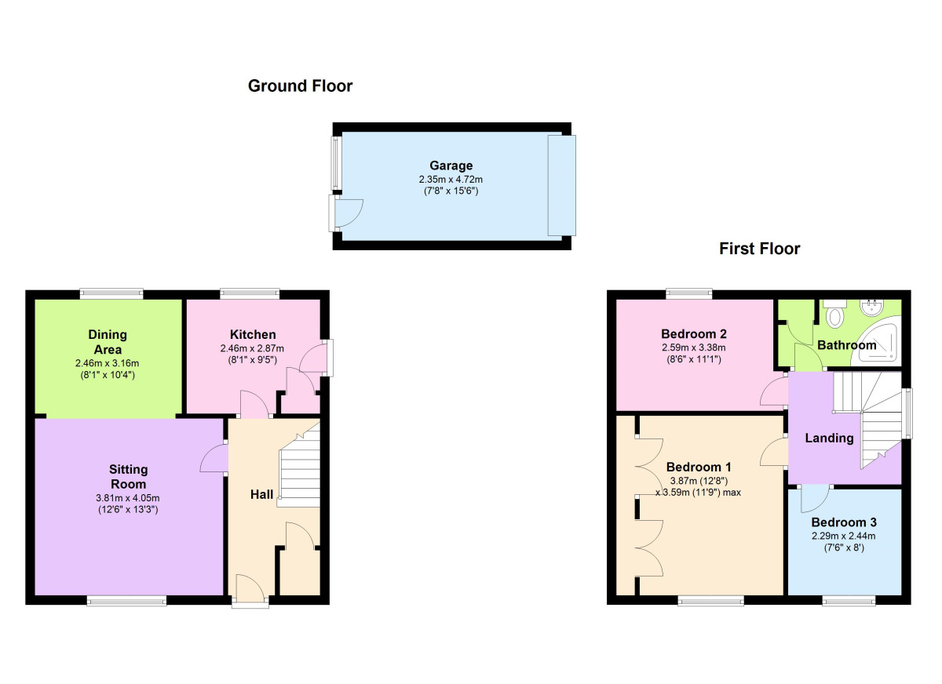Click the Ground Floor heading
click(x=300, y=86)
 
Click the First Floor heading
click(x=760, y=249)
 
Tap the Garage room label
click(x=451, y=166)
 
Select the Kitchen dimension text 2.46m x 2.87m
click(x=252, y=348)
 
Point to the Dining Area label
click(x=108, y=342)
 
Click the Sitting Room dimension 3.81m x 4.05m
click(x=128, y=498)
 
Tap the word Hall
click(x=261, y=494)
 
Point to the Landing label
click(x=829, y=438)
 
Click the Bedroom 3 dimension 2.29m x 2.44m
click(x=844, y=536)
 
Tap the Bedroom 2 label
click(x=694, y=334)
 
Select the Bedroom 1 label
click(x=699, y=468)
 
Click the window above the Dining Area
click(x=111, y=293)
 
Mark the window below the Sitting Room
click(x=126, y=601)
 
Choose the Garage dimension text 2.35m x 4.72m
click(x=451, y=180)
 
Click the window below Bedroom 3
click(x=849, y=601)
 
